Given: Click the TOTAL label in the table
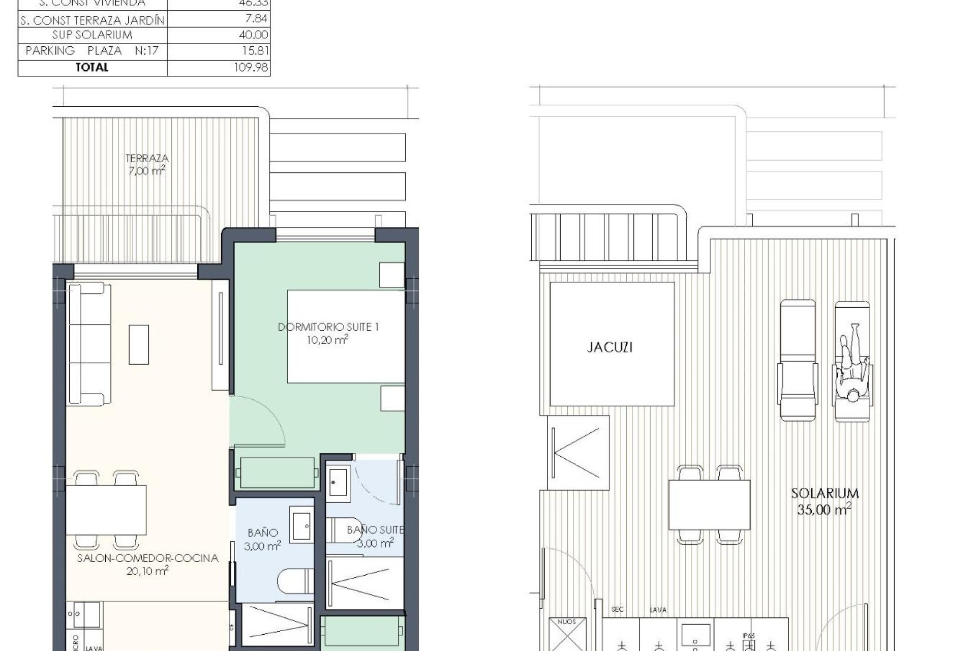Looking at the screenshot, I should [x=92, y=67].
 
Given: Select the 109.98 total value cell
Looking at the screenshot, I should [x=251, y=67].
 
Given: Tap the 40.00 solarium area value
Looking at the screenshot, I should [x=253, y=35].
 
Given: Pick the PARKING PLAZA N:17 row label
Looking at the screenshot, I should [x=92, y=51].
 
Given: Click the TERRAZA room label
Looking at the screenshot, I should [x=147, y=159].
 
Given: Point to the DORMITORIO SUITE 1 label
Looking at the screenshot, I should [x=328, y=327].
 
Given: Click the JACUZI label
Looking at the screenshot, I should [x=609, y=347].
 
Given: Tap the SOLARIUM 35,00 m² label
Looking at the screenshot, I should [x=825, y=500].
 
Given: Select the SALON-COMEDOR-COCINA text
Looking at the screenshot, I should [x=147, y=558].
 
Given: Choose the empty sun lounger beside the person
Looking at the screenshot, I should [x=798, y=360].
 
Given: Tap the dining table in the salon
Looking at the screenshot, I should [x=106, y=510].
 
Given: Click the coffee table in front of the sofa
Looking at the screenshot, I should [x=139, y=345].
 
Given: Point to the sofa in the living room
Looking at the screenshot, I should [x=89, y=344].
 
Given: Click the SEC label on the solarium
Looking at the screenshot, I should [x=617, y=609].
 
